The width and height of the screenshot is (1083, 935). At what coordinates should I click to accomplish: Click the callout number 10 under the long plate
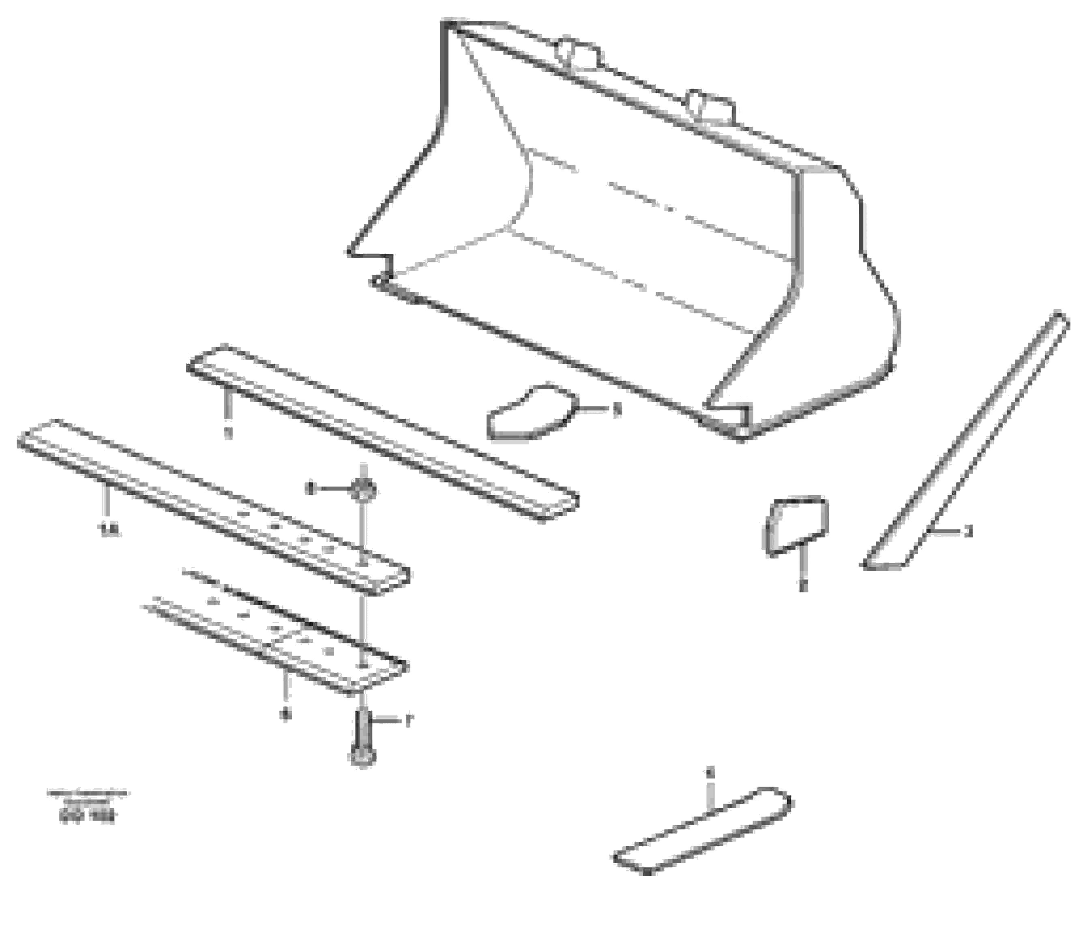[111, 532]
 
